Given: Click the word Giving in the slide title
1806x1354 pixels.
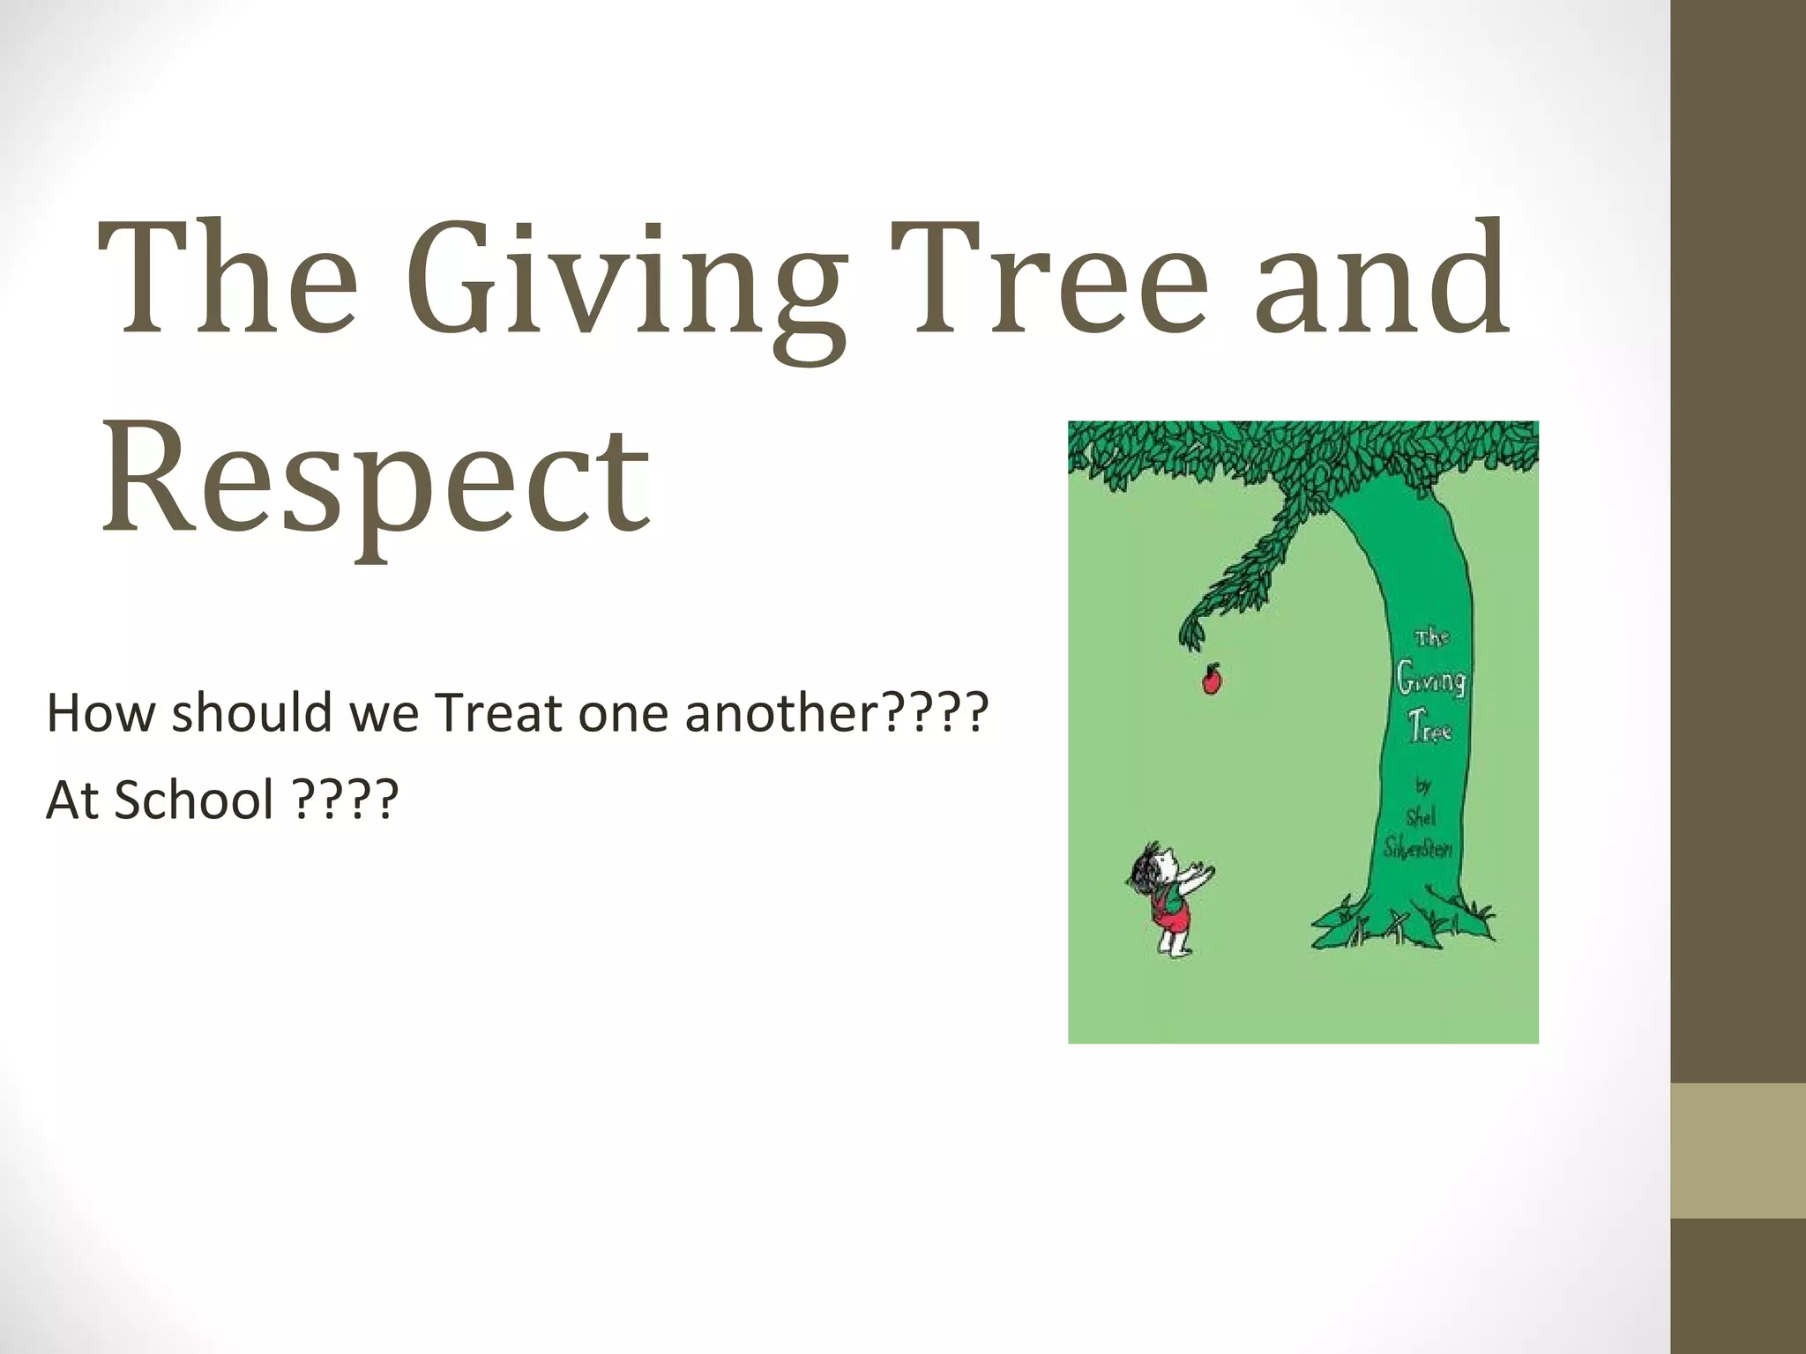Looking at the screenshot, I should (627, 282).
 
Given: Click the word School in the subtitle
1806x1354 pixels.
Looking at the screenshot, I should (195, 800).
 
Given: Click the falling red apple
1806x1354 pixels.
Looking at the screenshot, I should (1212, 679).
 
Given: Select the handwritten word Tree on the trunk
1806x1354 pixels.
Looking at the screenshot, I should (1429, 730).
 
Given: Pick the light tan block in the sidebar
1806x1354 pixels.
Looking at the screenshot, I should (1738, 1150).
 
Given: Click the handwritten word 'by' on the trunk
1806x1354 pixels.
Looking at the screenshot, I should (1422, 785).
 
